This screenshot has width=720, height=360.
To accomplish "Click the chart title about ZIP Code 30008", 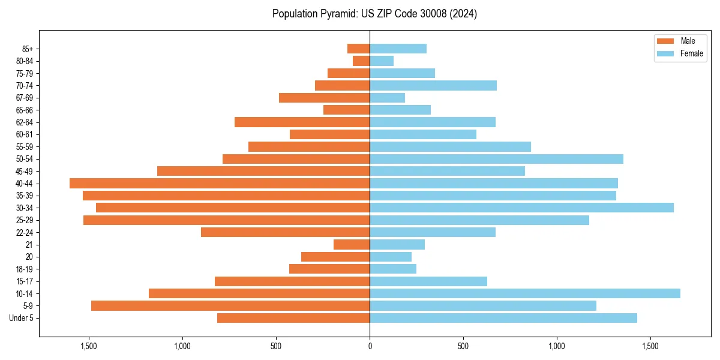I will [x=374, y=14].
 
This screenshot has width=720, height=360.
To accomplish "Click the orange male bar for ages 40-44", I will [x=220, y=183].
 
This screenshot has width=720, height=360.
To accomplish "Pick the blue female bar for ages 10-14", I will [x=525, y=293].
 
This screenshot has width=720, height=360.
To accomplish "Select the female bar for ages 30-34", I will [x=521, y=208].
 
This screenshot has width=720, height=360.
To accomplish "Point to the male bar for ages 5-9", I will [x=230, y=305].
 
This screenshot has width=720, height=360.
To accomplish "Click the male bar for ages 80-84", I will [x=361, y=61].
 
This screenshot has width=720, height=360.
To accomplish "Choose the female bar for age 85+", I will [x=398, y=49].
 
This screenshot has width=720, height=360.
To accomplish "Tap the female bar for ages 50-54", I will [x=496, y=159].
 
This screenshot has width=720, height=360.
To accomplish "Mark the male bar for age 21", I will [x=352, y=244].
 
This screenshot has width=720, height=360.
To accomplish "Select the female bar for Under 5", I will [x=503, y=318].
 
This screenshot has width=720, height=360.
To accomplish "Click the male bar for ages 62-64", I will [x=302, y=122].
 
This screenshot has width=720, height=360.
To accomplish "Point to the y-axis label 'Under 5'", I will [x=21, y=318].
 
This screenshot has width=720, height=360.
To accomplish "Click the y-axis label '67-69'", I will [x=24, y=98].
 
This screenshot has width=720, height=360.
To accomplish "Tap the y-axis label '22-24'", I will [x=24, y=232].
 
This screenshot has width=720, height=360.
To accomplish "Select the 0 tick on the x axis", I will [x=370, y=346].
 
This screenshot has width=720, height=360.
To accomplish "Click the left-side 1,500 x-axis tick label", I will [x=88, y=346].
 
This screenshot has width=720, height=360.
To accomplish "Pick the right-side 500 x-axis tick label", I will [x=463, y=346].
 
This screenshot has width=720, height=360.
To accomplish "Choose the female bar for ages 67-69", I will [x=387, y=98].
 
